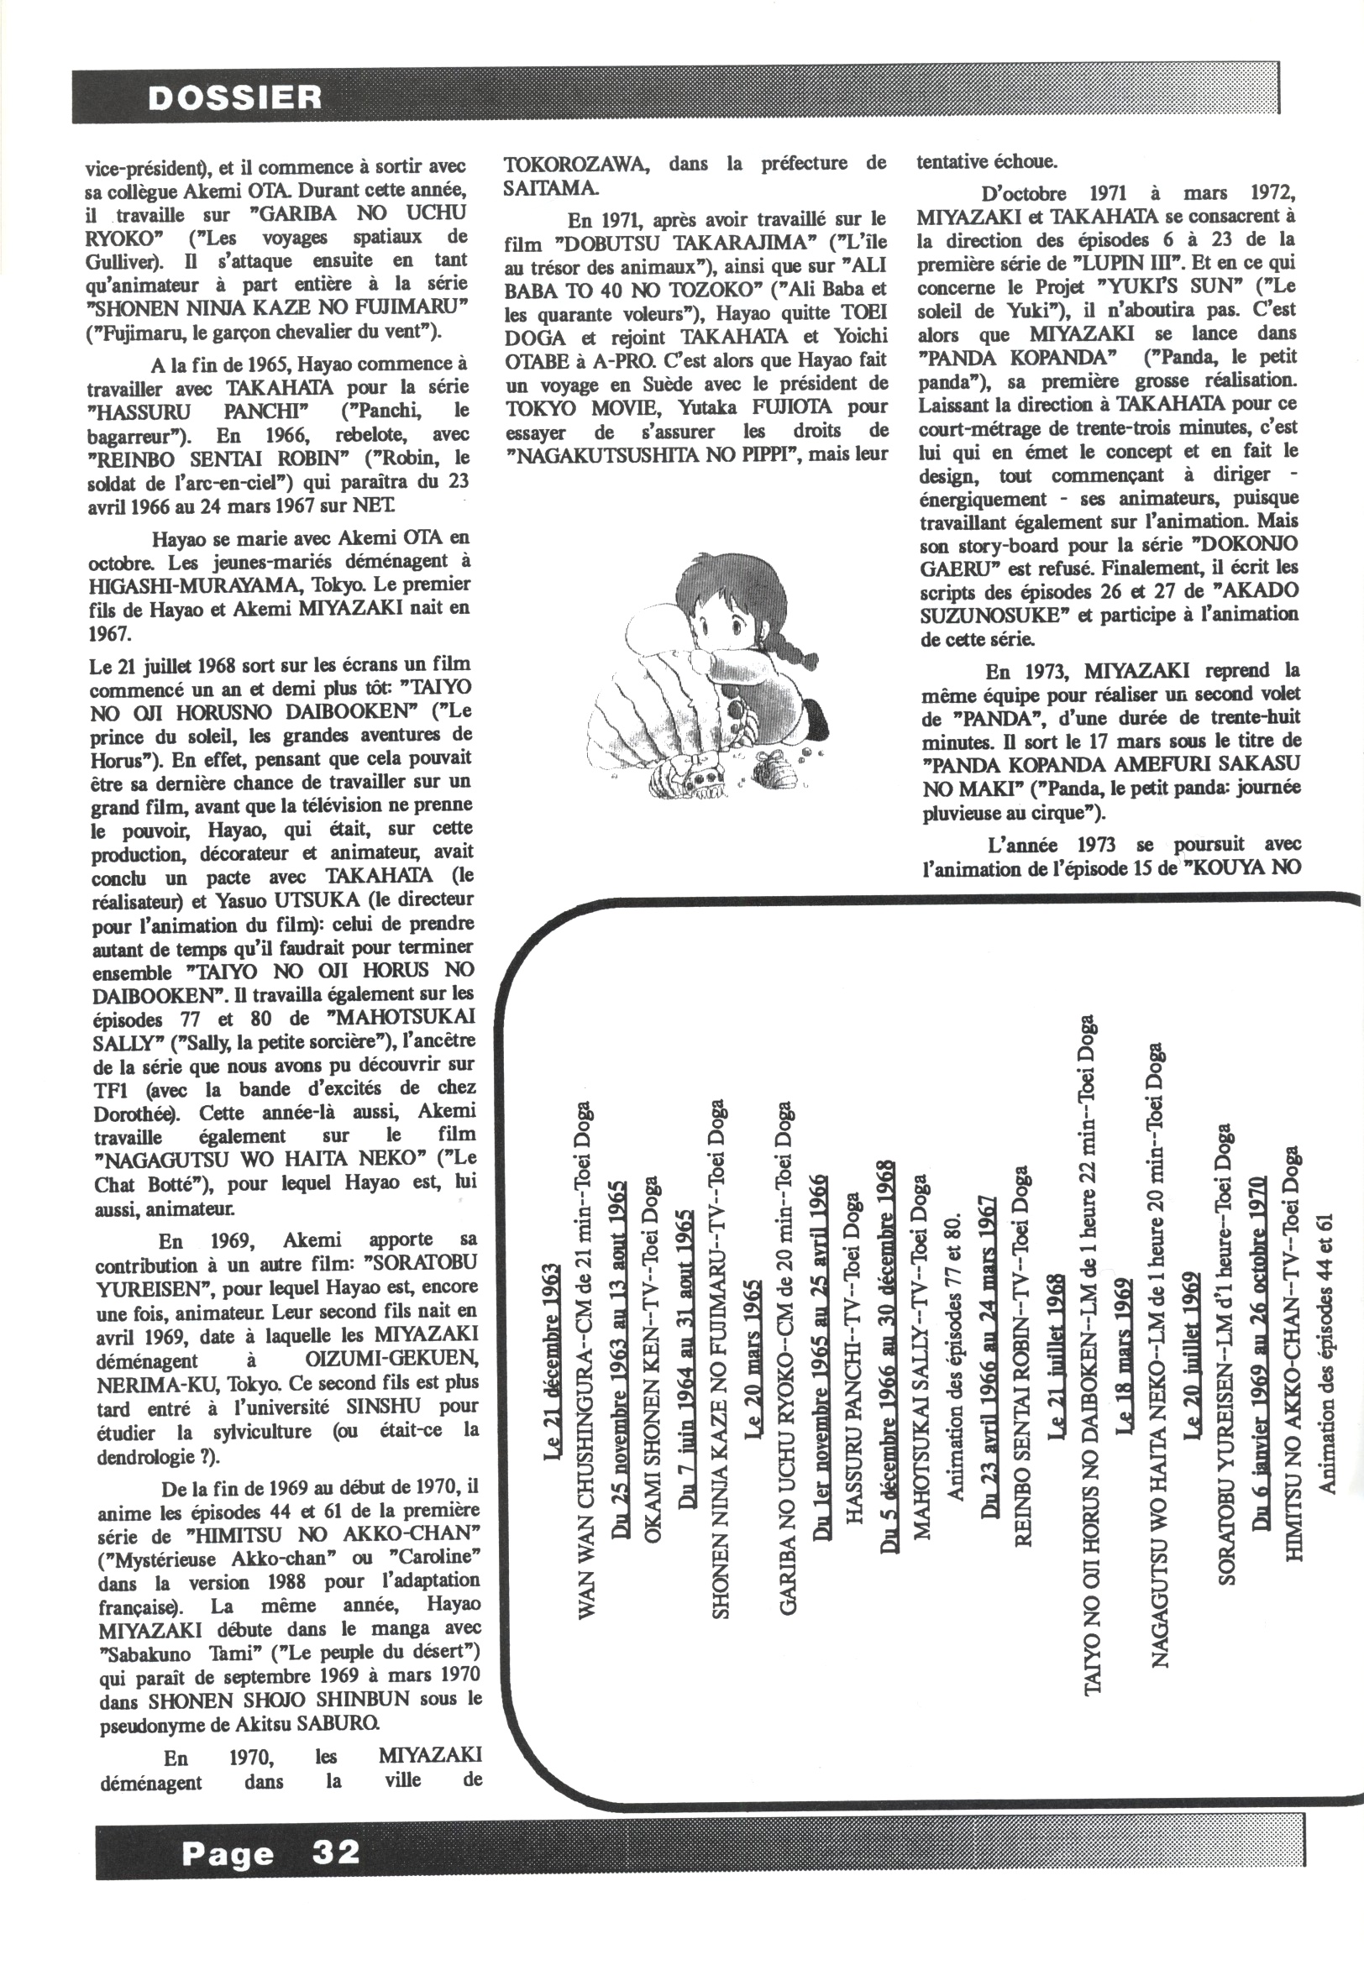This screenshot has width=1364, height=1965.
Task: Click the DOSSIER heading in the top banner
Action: (x=235, y=98)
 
